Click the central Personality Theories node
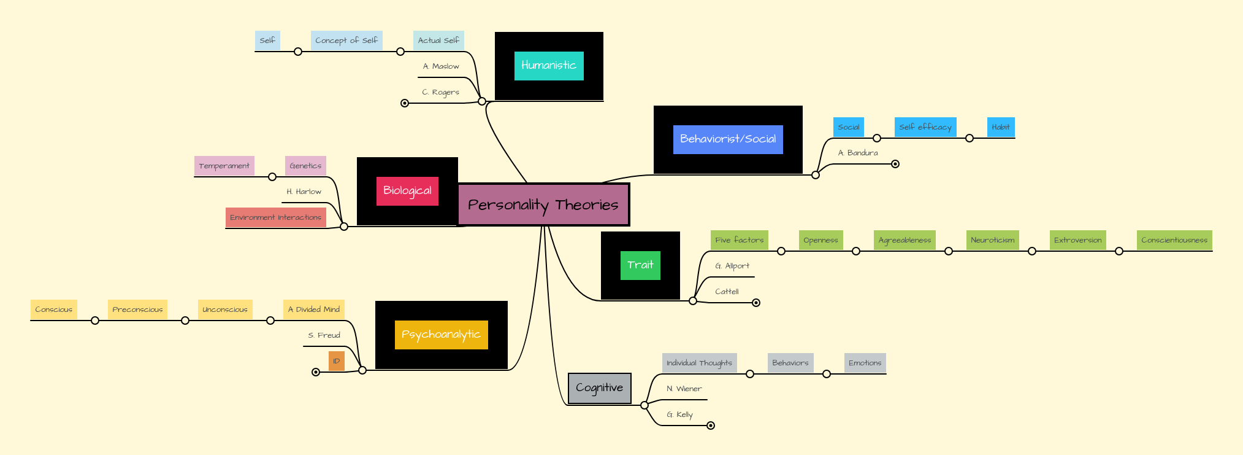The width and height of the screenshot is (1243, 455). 543,204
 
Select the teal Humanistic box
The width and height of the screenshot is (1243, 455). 549,66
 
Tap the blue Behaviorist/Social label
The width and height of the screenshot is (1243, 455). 728,139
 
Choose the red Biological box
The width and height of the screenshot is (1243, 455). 407,191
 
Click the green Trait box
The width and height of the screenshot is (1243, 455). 640,265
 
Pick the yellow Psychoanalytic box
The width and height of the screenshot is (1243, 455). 441,335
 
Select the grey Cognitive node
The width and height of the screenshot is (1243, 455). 599,388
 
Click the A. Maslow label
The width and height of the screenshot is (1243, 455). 441,66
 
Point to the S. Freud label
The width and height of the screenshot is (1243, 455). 324,335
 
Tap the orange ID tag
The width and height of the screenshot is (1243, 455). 336,361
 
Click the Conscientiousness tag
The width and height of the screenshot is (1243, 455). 1174,240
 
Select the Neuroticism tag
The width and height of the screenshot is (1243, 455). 992,240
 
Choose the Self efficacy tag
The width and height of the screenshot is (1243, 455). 925,127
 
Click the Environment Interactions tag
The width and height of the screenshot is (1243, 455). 275,217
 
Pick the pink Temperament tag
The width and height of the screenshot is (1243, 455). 224,166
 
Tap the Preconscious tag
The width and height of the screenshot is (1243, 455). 137,309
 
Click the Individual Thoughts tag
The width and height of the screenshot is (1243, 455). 699,363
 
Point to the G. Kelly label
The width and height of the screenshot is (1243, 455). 679,414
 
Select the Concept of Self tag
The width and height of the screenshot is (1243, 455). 346,41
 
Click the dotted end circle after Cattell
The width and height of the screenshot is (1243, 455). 756,303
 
